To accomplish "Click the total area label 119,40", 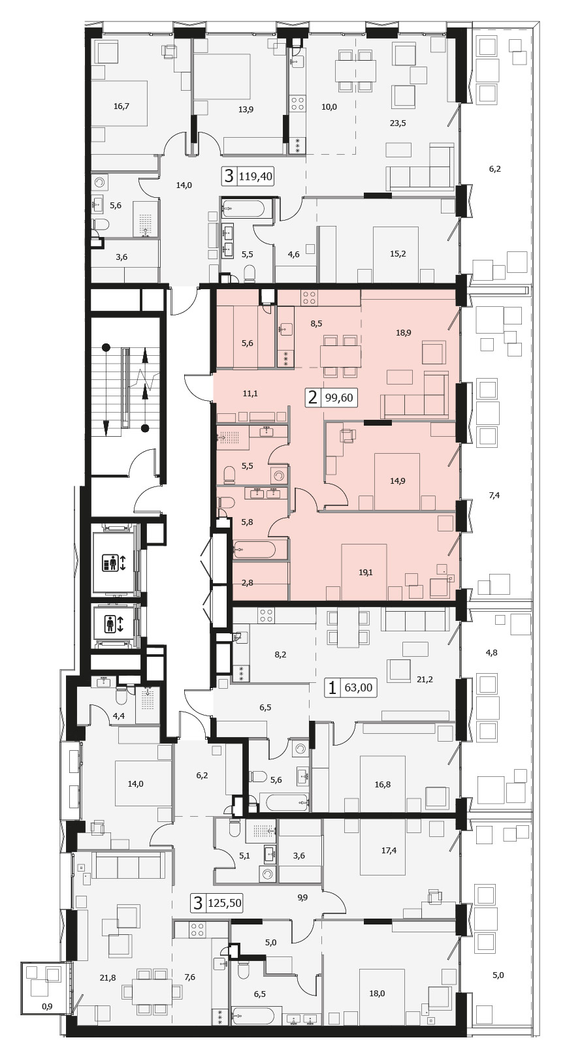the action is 256,177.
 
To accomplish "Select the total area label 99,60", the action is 336,398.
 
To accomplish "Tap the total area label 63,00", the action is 358,687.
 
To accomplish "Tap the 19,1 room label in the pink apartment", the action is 365,573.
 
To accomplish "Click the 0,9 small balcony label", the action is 47,993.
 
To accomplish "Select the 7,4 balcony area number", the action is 494,495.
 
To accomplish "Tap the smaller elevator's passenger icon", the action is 110,624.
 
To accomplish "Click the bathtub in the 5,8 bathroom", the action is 254,549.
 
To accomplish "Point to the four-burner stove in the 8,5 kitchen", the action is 309,297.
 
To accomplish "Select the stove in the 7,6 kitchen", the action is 197,929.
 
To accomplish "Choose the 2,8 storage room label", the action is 248,583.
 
